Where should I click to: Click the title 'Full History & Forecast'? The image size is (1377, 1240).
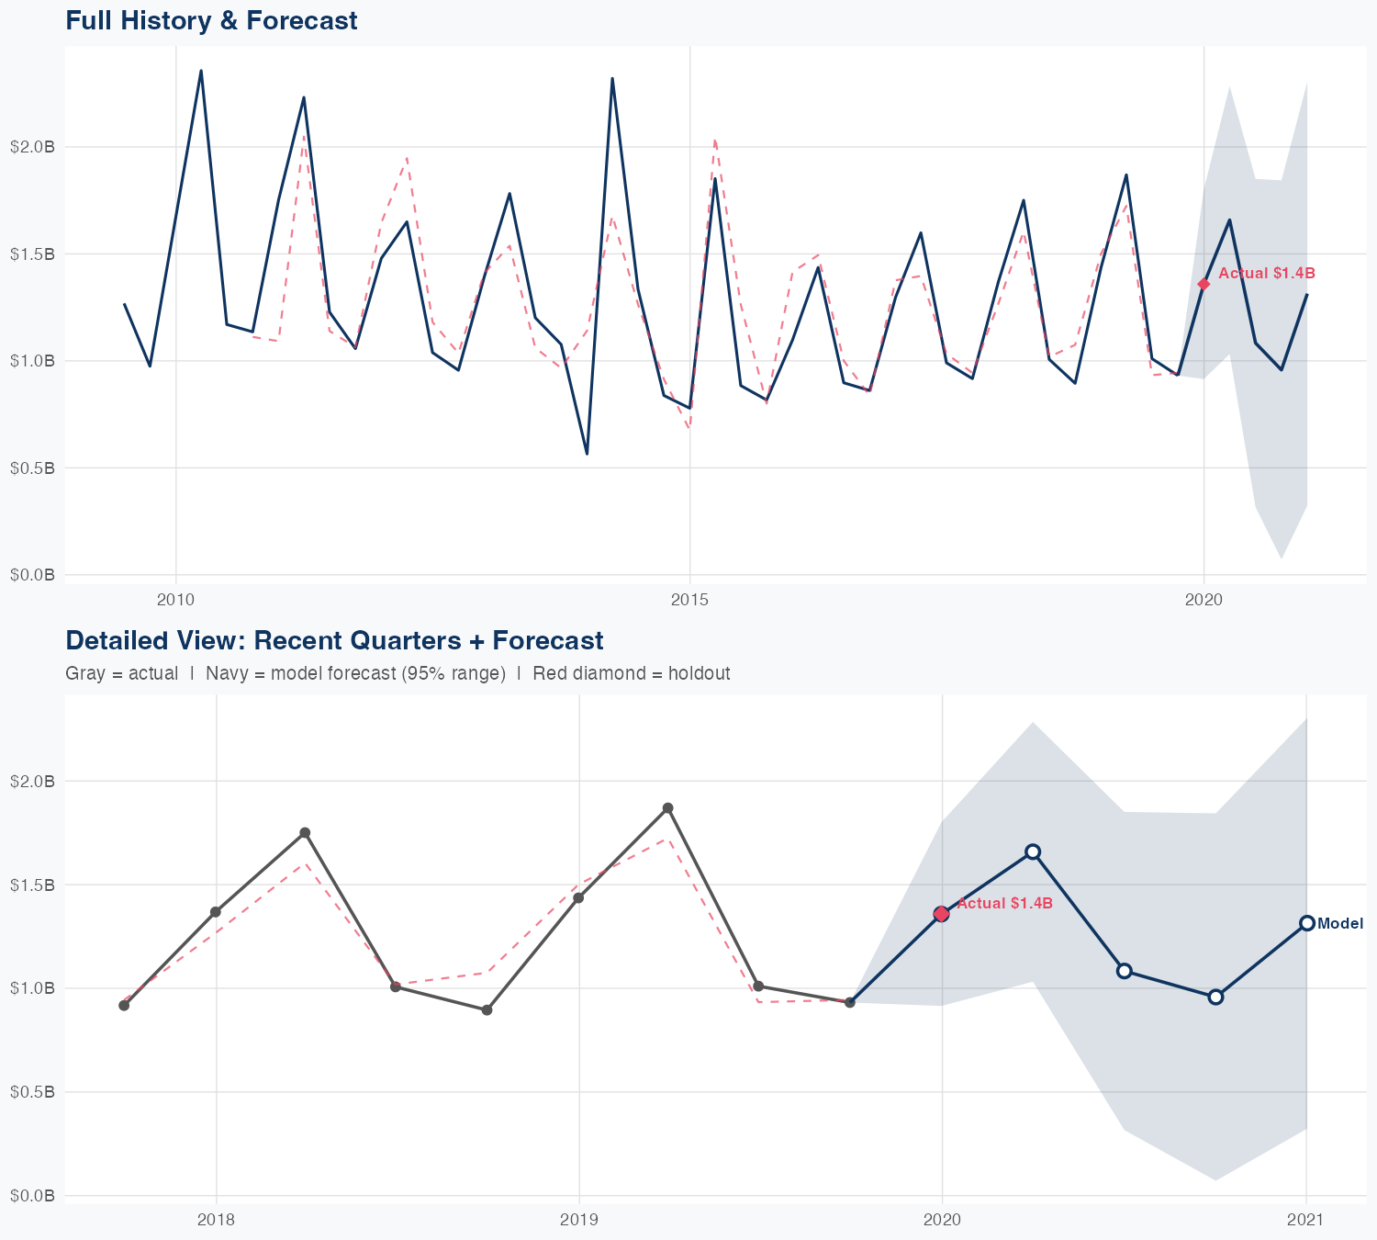point(211,20)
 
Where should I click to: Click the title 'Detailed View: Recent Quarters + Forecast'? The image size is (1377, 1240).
point(334,640)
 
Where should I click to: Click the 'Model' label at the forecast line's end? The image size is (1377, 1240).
point(1340,924)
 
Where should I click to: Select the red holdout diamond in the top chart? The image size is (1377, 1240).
point(1203,284)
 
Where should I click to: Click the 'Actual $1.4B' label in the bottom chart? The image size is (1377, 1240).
point(1004,904)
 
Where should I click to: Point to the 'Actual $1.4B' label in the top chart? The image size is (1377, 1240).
point(1267,274)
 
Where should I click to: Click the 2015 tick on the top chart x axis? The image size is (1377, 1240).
point(689,600)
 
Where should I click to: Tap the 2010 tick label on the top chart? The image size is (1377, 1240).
point(175,600)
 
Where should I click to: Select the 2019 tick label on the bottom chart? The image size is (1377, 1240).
point(578,1220)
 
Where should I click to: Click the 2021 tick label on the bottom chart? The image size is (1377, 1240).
point(1305,1220)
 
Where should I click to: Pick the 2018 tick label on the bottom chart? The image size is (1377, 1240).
point(217,1220)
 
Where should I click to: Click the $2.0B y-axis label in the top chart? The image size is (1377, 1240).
point(32,147)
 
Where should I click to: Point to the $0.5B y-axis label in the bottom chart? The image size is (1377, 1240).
point(32,1092)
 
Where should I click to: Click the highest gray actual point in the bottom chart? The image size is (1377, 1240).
point(668,808)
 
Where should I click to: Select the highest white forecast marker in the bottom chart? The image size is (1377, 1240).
point(1033,851)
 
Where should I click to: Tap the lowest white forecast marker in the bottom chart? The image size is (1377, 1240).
point(1215,997)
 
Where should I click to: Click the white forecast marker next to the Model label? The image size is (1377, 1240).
point(1306,923)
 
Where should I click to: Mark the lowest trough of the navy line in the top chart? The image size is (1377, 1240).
point(587,454)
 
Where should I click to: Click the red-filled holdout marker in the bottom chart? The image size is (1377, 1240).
point(941,913)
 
